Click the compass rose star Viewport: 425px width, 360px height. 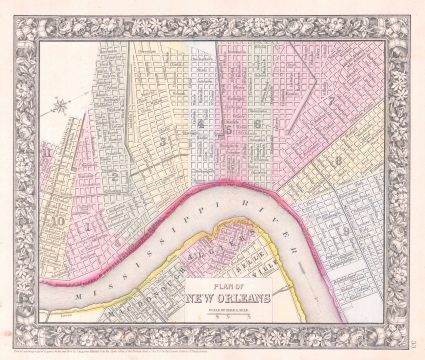63,103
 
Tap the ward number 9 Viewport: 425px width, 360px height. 342,232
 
